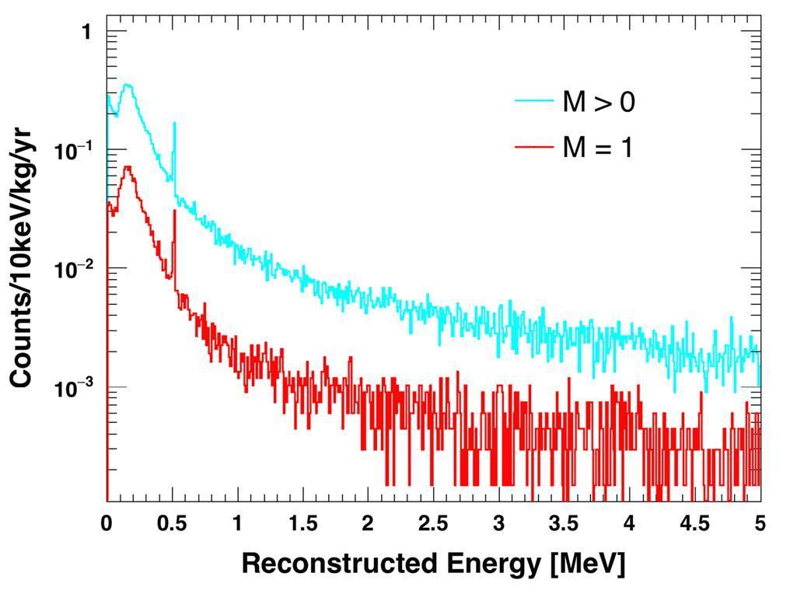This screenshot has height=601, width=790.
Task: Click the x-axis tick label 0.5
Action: pyautogui.click(x=172, y=524)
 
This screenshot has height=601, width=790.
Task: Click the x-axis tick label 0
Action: pyautogui.click(x=107, y=524)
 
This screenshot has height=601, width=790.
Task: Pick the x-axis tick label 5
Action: pyautogui.click(x=760, y=524)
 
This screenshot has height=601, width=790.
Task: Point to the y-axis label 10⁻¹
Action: pyautogui.click(x=74, y=150)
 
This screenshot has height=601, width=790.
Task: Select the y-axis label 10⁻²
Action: pyautogui.click(x=74, y=269)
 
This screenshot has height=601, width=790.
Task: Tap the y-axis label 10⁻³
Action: pyautogui.click(x=74, y=388)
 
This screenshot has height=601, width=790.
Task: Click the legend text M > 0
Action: pyautogui.click(x=598, y=102)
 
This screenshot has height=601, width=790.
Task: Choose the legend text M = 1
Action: pyautogui.click(x=597, y=147)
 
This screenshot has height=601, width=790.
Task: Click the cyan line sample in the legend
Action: pyautogui.click(x=534, y=100)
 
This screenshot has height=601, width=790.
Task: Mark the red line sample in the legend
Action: pyautogui.click(x=534, y=145)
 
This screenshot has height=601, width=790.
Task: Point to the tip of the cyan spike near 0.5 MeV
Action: pyautogui.click(x=173, y=123)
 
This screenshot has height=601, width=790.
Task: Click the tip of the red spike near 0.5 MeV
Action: pyautogui.click(x=174, y=211)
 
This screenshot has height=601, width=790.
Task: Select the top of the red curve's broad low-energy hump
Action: pyautogui.click(x=127, y=166)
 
